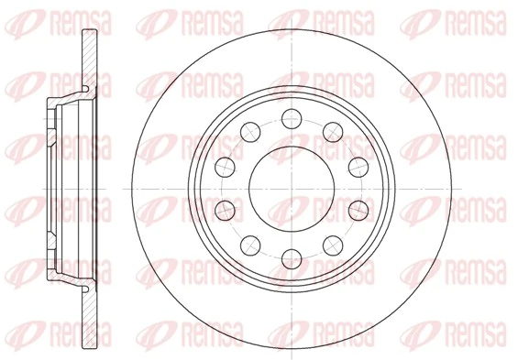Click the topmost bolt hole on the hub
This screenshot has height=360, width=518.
(291, 115)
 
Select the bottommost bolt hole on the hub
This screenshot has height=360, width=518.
(291, 256)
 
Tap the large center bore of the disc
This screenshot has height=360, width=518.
(291, 186)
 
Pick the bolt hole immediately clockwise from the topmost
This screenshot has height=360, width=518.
(332, 129)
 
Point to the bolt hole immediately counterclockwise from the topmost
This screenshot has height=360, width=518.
(249, 129)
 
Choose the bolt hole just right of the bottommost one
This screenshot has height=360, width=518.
(332, 243)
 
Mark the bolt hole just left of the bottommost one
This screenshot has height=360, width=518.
(249, 243)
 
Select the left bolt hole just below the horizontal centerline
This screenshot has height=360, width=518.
(224, 208)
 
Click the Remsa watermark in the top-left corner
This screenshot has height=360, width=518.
(41, 16)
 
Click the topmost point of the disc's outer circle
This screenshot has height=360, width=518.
(291, 28)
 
